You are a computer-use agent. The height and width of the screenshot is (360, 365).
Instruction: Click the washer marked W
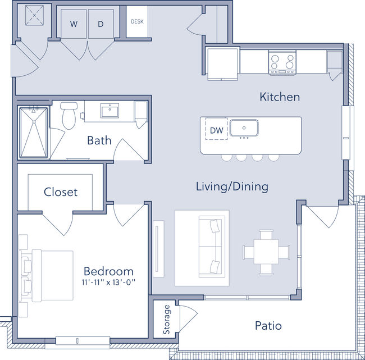coord(74,24)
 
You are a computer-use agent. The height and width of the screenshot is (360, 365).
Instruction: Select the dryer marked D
coord(101,24)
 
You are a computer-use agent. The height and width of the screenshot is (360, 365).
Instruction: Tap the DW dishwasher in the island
coord(216,130)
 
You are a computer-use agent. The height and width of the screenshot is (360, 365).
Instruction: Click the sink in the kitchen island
coord(244,128)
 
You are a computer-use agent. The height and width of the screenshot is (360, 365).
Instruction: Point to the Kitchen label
coord(279,97)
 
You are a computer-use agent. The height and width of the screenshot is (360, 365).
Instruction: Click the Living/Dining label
coord(231,186)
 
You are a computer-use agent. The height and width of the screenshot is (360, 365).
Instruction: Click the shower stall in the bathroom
coord(34,131)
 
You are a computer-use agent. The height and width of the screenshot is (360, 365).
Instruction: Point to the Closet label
coord(61,192)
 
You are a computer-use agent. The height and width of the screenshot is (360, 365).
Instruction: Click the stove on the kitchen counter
coord(283,61)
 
